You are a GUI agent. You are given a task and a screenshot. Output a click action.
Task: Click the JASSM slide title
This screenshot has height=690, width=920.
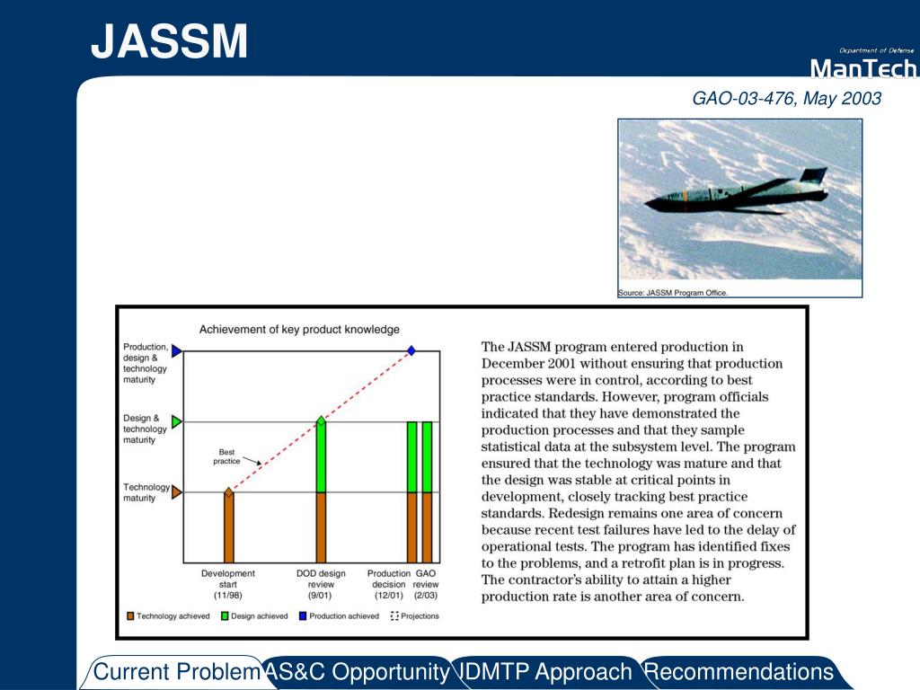[169, 41]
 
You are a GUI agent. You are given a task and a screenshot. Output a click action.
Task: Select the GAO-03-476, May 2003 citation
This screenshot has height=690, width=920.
[787, 98]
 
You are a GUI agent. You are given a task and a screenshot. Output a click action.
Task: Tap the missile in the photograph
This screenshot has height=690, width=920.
[737, 192]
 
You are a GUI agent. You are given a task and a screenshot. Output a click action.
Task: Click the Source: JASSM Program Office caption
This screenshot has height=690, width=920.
[672, 293]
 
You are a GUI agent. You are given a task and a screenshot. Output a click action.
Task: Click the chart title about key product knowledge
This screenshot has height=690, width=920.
[299, 329]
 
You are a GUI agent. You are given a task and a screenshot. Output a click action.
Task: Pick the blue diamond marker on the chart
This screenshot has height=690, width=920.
[411, 351]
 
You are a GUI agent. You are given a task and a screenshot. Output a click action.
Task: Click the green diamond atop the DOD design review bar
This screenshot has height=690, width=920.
[321, 420]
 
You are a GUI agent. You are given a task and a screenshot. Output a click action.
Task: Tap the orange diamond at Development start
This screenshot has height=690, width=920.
[229, 492]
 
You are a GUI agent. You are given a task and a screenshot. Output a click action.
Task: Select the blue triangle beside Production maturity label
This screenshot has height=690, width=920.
[177, 351]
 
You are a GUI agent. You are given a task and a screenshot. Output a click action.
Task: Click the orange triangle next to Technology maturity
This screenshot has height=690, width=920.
[177, 492]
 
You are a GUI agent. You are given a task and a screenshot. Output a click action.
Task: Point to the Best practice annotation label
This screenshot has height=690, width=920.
[226, 456]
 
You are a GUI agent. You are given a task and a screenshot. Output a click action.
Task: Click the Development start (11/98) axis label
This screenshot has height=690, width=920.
[228, 584]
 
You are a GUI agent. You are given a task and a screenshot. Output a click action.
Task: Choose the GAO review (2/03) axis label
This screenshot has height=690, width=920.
[425, 584]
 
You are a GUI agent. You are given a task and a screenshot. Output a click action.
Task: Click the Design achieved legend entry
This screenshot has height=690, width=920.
[254, 616]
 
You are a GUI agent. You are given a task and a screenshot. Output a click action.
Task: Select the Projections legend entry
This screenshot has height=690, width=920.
[415, 616]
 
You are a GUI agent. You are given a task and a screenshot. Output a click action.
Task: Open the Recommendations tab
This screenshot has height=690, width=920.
[740, 672]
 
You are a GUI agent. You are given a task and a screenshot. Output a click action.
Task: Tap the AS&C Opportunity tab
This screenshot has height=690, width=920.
[358, 672]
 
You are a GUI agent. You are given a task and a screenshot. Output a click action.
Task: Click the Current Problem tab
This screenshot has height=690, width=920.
[176, 672]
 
